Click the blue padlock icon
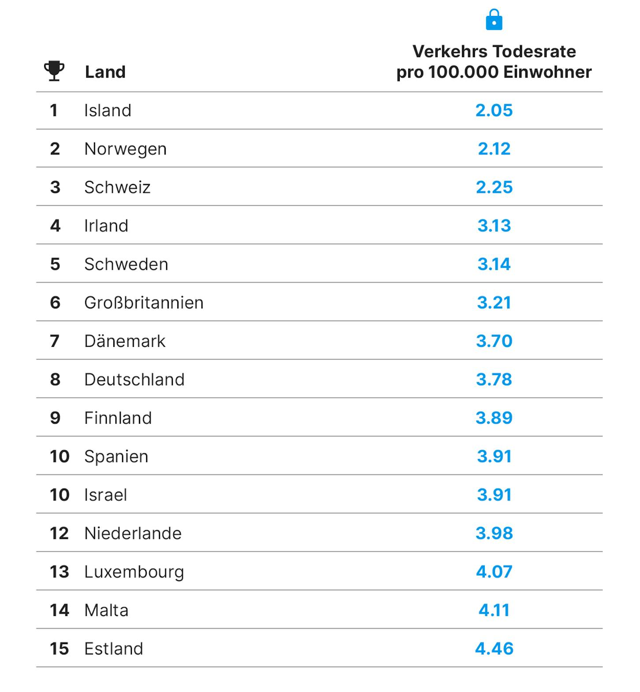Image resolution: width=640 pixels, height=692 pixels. point(494,20)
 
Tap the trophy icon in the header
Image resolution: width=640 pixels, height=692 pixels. point(54,71)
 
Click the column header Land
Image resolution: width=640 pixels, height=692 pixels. point(105,72)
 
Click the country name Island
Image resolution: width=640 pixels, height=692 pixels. point(108,110)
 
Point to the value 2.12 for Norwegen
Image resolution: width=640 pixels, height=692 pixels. point(494,149)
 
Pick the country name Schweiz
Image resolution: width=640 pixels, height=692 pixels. point(117,187)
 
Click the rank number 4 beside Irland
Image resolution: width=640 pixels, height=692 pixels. point(55,226)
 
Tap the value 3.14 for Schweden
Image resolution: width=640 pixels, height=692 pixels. point(494,264)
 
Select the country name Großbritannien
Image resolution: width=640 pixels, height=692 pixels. point(144,302)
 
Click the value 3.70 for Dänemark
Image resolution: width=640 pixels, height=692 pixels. point(494,341)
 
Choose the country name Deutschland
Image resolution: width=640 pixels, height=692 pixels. point(134,380)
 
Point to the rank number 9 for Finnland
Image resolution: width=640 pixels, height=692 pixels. point(55,418)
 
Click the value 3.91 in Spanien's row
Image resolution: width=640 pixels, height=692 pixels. point(494,456)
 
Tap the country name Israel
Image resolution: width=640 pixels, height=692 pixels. point(106,495)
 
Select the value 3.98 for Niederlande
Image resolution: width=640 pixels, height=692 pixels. point(494,533)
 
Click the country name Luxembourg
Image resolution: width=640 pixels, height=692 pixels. point(134,572)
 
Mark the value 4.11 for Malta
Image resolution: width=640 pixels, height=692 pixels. point(494,610)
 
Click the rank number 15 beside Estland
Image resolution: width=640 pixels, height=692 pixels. point(59,648)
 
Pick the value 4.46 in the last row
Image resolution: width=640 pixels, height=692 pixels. point(494,648)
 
